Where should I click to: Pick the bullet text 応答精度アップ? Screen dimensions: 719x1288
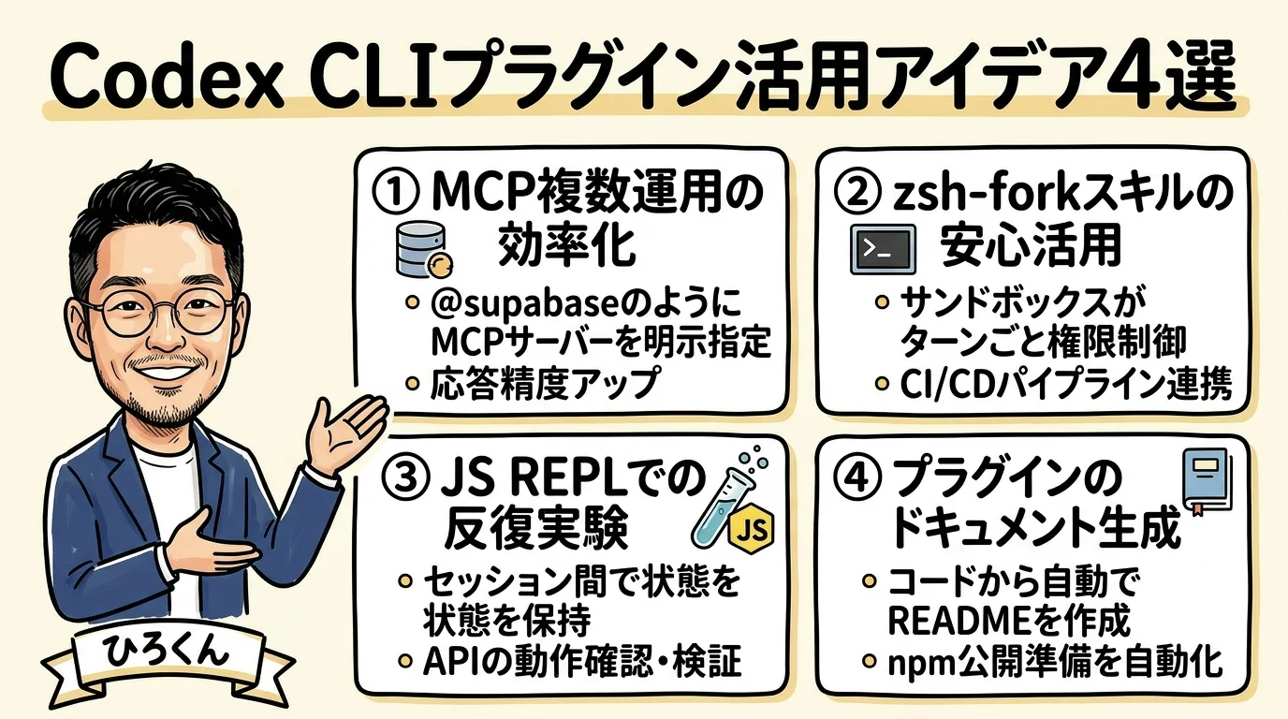click(x=546, y=384)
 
